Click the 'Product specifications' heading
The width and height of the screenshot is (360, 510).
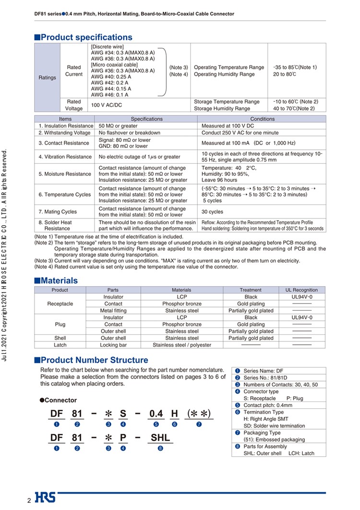(86, 37)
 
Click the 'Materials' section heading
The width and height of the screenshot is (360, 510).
(59, 280)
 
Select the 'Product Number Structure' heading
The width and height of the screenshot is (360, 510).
(94, 360)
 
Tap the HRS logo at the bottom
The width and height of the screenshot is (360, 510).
(45, 498)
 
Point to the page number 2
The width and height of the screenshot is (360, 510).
(29, 501)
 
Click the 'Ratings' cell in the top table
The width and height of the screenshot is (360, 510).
(47, 78)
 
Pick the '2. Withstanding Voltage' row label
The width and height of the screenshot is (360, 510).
(64, 133)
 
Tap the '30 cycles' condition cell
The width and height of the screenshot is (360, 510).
(213, 212)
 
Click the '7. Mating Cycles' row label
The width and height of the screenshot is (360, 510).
(58, 212)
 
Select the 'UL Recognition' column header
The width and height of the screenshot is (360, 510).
(301, 290)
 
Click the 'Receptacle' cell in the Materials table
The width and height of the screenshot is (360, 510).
(60, 304)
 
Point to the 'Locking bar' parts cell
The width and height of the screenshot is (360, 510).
(113, 345)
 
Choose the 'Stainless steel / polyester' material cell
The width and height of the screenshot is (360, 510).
(181, 345)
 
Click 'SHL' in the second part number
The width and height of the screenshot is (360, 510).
(160, 438)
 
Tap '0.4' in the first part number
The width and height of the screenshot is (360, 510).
(156, 414)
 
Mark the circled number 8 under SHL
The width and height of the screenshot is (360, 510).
(160, 449)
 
